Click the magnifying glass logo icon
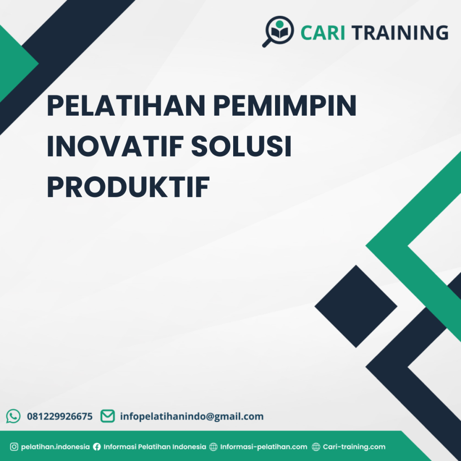pos(278,31)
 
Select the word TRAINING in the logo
pos(399,33)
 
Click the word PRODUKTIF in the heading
pos(128,188)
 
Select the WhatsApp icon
pos(13,416)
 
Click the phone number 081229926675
pos(60,416)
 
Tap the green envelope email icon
pos(107,416)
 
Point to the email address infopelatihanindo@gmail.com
pos(192,416)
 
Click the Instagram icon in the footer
pos(14,447)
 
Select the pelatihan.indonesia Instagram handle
pos(55,447)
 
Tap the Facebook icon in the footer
pos(97,447)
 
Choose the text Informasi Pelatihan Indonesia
pos(155,447)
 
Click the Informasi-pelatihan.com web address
pos(264,447)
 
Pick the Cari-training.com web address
pos(354,447)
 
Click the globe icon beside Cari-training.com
pos(316,447)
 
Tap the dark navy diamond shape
pos(356,306)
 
